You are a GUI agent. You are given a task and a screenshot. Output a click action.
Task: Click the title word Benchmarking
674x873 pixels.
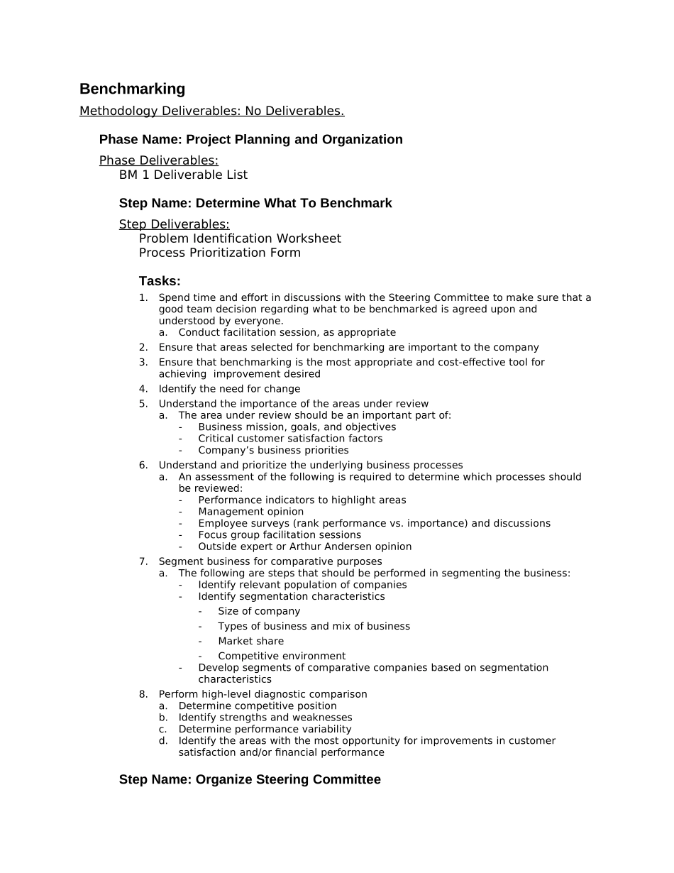[132, 89]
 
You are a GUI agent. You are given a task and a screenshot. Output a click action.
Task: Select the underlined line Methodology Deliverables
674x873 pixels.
[211, 111]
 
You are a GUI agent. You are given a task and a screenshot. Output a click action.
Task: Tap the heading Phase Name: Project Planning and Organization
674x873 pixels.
[250, 140]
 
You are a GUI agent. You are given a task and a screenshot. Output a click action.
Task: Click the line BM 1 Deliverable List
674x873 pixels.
[183, 175]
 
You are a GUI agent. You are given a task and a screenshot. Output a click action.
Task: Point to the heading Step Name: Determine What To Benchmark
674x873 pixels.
[255, 204]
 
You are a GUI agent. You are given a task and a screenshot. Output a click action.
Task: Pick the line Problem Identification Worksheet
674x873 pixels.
[240, 238]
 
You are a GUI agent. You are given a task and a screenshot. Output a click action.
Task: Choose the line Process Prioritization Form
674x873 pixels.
[219, 253]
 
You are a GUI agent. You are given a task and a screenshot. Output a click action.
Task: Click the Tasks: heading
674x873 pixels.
[160, 281]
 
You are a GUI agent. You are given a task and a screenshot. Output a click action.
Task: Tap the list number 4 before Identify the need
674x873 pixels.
[143, 389]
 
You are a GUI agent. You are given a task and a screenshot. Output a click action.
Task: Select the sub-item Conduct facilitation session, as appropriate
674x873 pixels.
[287, 332]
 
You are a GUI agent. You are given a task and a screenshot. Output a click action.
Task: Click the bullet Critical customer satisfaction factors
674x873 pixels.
[290, 439]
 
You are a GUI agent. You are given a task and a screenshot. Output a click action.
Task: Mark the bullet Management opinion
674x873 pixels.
[250, 512]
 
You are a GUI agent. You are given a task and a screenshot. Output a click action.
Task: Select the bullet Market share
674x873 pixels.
[250, 641]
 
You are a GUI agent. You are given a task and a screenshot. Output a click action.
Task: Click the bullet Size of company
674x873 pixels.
[258, 611]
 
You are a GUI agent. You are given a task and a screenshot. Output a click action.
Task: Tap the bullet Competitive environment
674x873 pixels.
[282, 656]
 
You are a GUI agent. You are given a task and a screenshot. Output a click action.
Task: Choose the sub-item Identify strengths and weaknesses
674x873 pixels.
[265, 718]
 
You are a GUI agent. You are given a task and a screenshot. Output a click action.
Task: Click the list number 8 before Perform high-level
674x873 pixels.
[143, 694]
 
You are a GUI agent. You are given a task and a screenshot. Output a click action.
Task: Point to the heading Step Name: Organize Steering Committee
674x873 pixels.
[250, 780]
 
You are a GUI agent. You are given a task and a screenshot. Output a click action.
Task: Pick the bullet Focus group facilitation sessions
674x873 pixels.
[280, 535]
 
